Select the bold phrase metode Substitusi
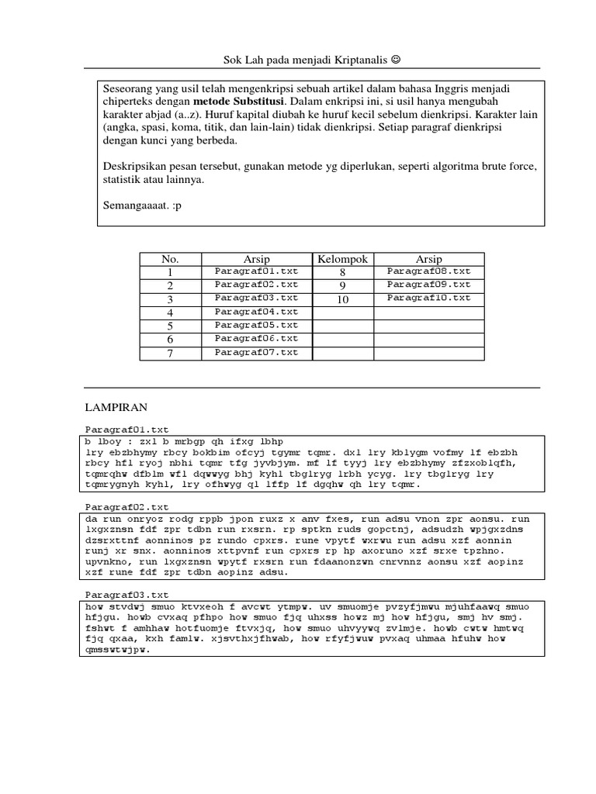point(239,102)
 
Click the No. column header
point(170,259)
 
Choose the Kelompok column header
point(342,259)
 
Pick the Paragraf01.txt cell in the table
point(256,271)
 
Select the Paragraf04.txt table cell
point(256,312)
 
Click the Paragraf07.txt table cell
point(256,353)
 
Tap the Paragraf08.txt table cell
point(428,271)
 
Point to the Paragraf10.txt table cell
point(428,298)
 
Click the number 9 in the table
point(342,285)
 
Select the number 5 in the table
point(170,326)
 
